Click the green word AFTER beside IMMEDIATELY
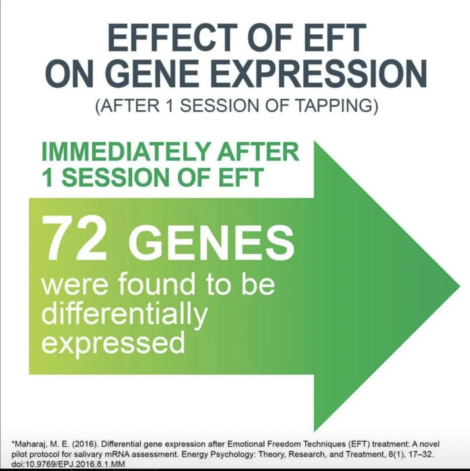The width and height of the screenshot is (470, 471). click(259, 152)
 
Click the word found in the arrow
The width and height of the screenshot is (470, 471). click(157, 284)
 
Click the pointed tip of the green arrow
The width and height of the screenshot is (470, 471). click(459, 286)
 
